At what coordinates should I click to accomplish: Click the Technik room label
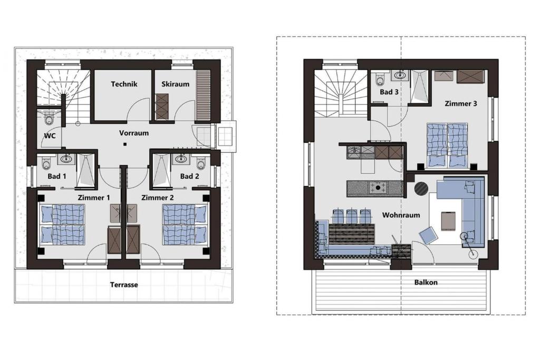coord(124,84)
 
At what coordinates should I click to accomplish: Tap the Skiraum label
coord(175,84)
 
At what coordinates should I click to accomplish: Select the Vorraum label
coord(134,133)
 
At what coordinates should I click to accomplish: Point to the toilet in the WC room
coord(49,120)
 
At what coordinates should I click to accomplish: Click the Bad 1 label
coord(57,176)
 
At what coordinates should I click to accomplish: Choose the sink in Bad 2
coord(180,159)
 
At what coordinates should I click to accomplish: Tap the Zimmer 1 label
coord(94,198)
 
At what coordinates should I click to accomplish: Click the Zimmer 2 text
coord(157,198)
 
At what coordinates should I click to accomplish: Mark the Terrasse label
coord(124,285)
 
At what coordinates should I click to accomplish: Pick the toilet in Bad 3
coord(380,79)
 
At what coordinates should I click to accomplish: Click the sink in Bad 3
coord(400,75)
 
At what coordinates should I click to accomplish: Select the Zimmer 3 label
coord(461,103)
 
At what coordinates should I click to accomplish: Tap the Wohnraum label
coord(401,215)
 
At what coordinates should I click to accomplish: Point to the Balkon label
coord(426,282)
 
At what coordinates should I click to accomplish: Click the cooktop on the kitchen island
coord(378,188)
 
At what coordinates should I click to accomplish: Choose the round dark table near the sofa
coord(421,188)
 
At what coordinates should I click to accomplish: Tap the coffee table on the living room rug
coord(448,220)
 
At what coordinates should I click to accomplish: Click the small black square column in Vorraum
coord(125,144)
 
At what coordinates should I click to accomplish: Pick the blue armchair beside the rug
coord(428,236)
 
